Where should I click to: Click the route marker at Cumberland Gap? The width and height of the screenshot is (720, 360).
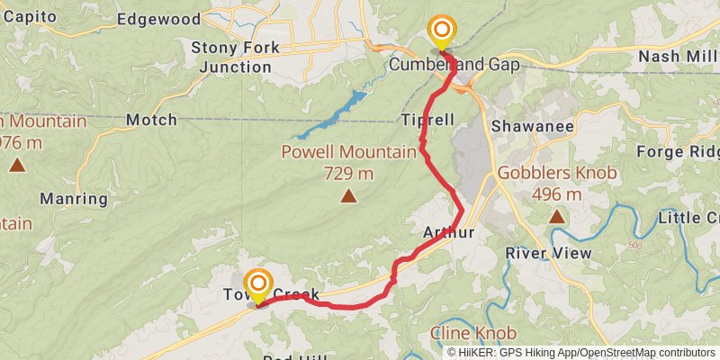[441, 33]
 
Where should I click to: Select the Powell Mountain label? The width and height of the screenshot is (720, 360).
[348, 152]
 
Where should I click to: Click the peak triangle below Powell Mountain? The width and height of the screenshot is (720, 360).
[347, 194]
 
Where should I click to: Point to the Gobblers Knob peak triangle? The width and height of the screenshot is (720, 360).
[558, 216]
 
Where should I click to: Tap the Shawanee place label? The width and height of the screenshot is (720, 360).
[533, 127]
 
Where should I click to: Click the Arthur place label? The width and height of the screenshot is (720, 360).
[448, 233]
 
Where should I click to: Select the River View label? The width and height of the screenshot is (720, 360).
[549, 253]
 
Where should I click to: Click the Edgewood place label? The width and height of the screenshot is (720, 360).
[158, 19]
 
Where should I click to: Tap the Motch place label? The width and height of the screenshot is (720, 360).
[151, 119]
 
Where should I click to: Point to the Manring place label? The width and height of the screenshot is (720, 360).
[74, 199]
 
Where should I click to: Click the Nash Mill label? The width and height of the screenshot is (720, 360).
[678, 57]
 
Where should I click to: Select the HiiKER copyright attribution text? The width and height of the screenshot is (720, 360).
[580, 353]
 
